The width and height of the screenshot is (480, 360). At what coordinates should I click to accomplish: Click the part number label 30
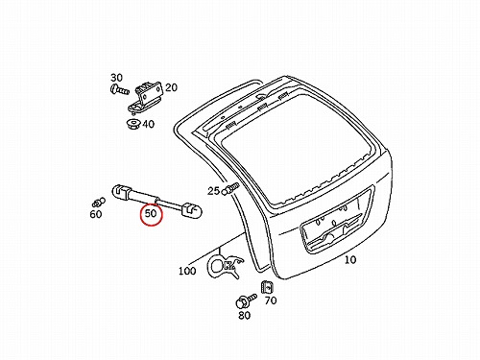click(116, 78)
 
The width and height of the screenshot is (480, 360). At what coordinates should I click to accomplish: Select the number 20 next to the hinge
click(171, 87)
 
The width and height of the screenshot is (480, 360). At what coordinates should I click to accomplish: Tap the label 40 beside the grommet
click(148, 124)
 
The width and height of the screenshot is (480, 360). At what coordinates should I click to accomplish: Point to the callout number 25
click(213, 191)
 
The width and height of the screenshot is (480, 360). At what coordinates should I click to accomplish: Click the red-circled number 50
click(151, 213)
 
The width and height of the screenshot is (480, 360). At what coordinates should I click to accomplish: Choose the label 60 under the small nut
click(96, 214)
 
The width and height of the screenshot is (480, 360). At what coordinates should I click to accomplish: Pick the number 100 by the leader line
click(187, 271)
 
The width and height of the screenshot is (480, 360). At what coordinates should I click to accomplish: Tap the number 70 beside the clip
click(271, 300)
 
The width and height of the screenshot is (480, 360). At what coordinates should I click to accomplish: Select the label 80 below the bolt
click(244, 316)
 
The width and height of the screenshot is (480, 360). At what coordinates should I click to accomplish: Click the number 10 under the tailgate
click(350, 259)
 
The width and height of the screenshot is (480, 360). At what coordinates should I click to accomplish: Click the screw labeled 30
click(119, 89)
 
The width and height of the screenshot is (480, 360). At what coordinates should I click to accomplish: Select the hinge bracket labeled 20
click(145, 98)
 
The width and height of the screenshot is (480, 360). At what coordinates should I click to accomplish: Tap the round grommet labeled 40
click(133, 124)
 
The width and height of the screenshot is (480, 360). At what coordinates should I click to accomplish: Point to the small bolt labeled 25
click(230, 188)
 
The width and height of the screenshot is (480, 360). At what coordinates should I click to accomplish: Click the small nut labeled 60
click(98, 202)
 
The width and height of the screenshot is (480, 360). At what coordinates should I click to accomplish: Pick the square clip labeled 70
click(267, 287)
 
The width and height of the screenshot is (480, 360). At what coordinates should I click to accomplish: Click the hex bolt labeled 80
click(246, 300)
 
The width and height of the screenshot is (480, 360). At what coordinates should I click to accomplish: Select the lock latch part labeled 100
click(225, 265)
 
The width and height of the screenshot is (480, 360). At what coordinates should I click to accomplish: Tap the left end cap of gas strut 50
click(120, 192)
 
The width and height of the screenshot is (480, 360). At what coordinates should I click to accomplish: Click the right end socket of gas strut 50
click(192, 210)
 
